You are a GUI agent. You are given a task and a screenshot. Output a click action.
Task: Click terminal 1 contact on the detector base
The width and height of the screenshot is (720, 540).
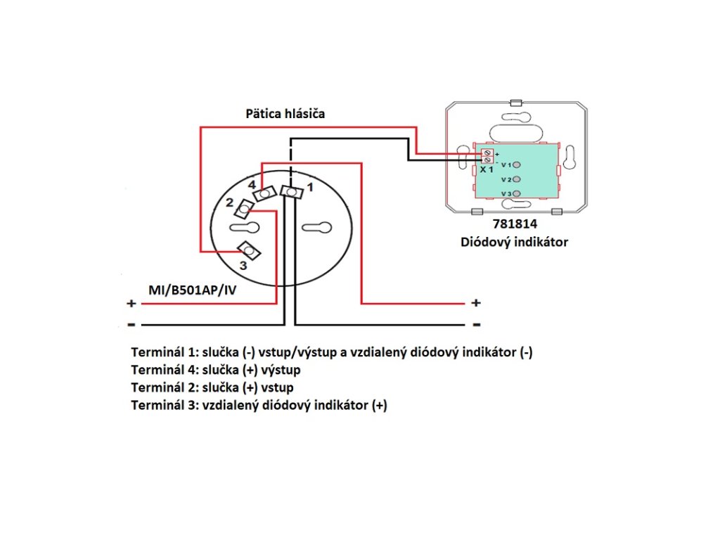click(289, 191)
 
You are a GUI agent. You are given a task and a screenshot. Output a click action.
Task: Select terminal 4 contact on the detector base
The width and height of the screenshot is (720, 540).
click(264, 193)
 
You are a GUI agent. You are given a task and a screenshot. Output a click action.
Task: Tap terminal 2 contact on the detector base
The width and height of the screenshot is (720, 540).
click(244, 209)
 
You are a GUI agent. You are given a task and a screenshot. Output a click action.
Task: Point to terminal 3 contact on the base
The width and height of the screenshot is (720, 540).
click(247, 250)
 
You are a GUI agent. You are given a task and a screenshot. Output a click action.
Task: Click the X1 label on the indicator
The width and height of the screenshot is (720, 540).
click(487, 169)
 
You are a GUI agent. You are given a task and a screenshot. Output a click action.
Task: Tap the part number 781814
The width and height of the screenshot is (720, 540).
click(514, 226)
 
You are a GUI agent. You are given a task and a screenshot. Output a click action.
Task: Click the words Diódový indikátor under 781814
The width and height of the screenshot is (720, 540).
click(514, 243)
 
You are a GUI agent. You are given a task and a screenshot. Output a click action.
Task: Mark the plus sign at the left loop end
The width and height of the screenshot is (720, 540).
click(131, 304)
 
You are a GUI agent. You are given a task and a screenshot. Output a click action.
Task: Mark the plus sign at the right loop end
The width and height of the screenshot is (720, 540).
click(476, 303)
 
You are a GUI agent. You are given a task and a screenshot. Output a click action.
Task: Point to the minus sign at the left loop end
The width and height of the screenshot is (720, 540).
click(131, 325)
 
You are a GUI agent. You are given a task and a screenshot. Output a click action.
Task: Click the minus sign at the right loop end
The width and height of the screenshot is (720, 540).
click(476, 325)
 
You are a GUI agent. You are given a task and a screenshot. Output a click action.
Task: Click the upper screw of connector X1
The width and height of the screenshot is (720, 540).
click(487, 153)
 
